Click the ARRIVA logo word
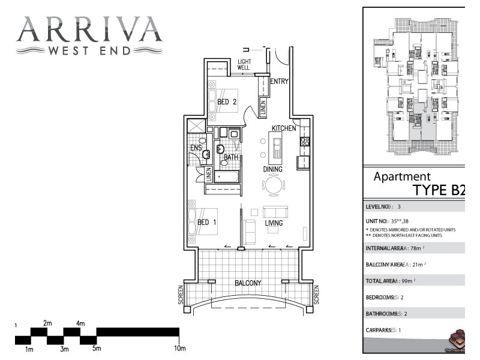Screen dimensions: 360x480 click(x=89, y=29)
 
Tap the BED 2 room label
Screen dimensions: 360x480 click(x=227, y=102)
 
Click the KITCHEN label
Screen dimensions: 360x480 click(x=284, y=129)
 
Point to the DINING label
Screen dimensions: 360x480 click(x=272, y=170)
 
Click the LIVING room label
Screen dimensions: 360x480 click(x=274, y=224)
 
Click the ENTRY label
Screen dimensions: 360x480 click(x=280, y=82)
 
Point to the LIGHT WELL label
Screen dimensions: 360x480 click(x=244, y=65)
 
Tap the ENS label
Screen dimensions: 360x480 click(x=196, y=148)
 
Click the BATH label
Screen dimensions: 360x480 click(x=231, y=158)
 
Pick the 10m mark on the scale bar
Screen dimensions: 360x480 click(x=179, y=349)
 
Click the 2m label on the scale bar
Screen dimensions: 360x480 click(x=47, y=323)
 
